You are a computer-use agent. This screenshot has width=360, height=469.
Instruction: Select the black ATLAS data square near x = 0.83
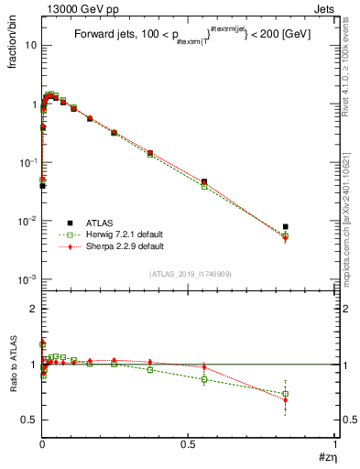coord(286,226)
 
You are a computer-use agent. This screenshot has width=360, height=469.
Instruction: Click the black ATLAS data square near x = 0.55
coord(204,181)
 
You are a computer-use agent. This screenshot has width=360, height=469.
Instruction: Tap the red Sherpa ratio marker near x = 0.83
coord(286,400)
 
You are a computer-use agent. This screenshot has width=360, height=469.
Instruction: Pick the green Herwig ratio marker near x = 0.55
coord(204,379)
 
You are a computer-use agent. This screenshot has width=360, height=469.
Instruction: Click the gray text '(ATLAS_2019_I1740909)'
coord(190,274)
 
